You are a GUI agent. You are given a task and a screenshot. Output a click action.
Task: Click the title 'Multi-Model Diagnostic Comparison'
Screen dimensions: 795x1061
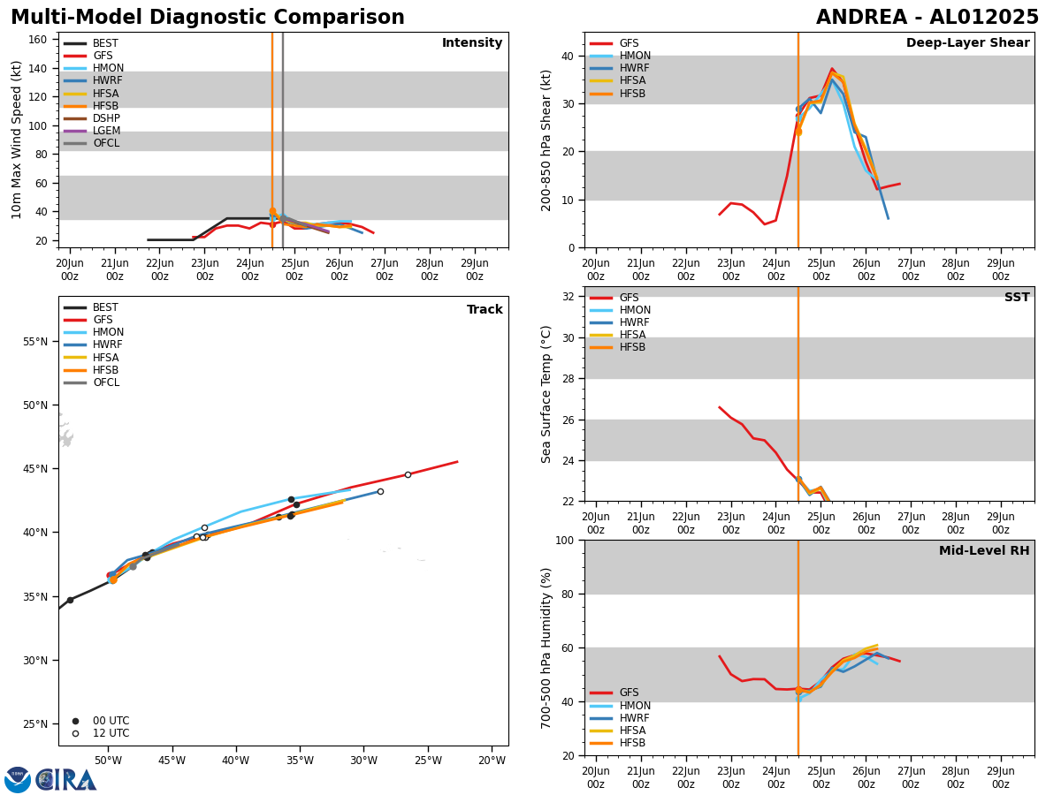[x=208, y=18]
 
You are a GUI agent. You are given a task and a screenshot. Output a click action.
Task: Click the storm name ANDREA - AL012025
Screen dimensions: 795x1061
[x=927, y=18]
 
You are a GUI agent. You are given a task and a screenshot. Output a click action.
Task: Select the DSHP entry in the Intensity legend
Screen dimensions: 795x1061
[x=106, y=118]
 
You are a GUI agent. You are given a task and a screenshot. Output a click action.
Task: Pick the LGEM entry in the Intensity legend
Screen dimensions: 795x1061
[x=106, y=131]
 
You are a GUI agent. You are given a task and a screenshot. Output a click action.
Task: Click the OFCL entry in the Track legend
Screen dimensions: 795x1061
[x=106, y=382]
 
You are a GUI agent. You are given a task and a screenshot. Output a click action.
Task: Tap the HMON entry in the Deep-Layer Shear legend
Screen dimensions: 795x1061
[x=635, y=56]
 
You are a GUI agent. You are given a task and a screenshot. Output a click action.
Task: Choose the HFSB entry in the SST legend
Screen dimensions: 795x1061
[x=632, y=347]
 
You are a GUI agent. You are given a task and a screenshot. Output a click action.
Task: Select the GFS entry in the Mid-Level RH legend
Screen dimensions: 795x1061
[x=629, y=693]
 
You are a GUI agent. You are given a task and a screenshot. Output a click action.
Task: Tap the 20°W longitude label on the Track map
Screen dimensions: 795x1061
[x=492, y=761]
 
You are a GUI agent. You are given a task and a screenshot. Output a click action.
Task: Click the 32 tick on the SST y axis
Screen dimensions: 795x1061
[x=569, y=296]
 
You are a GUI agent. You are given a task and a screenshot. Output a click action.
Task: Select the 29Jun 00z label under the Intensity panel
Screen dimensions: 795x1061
[x=475, y=269]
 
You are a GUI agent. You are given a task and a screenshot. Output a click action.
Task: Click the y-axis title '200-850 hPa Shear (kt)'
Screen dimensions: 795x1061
[x=547, y=140]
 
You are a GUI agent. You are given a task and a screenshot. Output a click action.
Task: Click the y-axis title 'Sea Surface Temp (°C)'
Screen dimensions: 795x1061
[x=547, y=394]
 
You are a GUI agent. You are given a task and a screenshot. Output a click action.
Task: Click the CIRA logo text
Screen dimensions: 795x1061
[x=66, y=780]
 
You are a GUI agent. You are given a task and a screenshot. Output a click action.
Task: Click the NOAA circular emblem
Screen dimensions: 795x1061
[x=18, y=780]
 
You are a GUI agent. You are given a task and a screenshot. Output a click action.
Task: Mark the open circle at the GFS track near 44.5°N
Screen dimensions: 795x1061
[x=408, y=474]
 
